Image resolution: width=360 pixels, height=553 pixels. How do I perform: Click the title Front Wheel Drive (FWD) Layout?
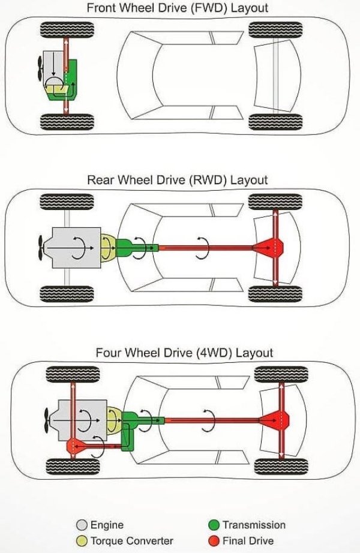[x=178, y=8]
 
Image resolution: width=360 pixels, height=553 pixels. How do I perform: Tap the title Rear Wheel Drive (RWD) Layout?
[x=178, y=179]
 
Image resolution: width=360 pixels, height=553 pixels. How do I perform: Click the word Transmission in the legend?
[x=254, y=525]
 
